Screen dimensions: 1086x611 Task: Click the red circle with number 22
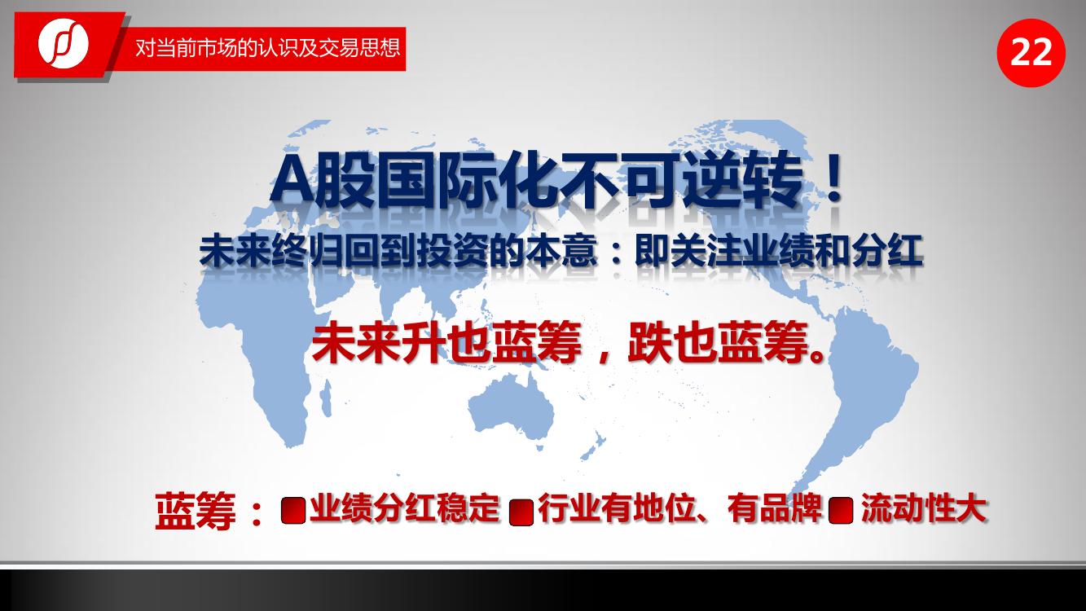click(x=1031, y=53)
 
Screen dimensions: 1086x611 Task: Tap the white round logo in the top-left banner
click(x=64, y=43)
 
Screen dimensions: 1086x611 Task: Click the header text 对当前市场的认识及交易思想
click(x=267, y=48)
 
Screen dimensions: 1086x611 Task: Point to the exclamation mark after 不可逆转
click(x=833, y=180)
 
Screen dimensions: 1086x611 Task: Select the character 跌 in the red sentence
click(x=651, y=343)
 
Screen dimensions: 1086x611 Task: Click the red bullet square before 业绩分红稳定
click(x=292, y=510)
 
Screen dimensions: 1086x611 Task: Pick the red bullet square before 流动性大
click(x=841, y=510)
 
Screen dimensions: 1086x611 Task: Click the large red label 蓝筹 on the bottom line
click(x=195, y=511)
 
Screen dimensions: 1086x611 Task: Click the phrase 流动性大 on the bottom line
click(x=924, y=508)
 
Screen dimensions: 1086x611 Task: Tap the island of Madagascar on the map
click(x=326, y=398)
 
